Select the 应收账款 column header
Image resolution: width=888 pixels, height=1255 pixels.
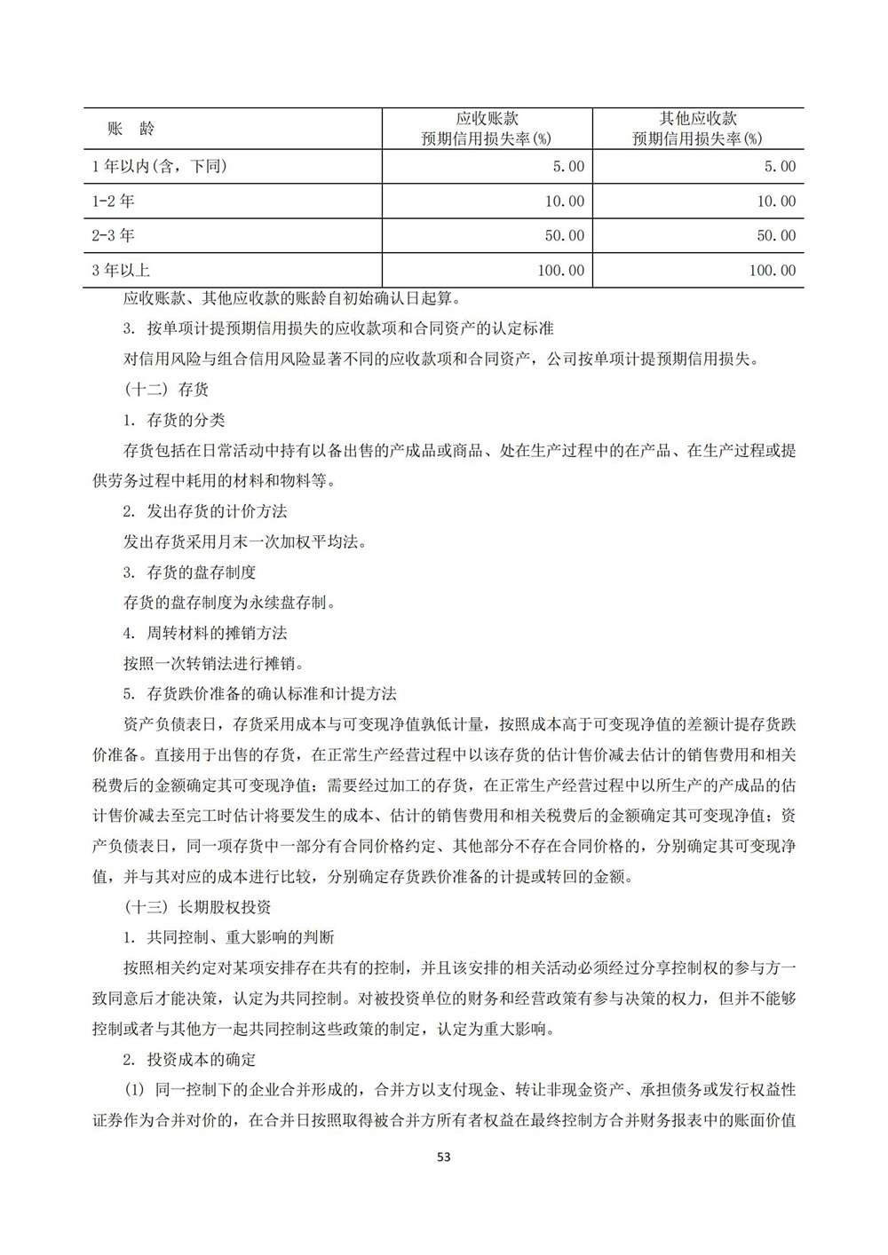(487, 129)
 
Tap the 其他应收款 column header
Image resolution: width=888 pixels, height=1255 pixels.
(698, 129)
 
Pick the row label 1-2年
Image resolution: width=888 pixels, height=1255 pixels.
(114, 201)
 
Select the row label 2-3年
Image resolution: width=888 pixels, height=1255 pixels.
(114, 236)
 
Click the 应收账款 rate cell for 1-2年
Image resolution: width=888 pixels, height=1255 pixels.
(564, 201)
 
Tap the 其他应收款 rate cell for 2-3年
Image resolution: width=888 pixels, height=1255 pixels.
(775, 236)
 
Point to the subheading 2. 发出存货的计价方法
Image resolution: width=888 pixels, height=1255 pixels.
(205, 511)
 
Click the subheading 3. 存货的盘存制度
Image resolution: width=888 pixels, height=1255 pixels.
(190, 572)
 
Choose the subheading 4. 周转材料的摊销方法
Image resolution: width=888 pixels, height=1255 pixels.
(205, 633)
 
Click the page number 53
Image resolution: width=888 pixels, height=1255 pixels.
(445, 1157)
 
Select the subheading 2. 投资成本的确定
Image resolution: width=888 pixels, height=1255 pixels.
(190, 1059)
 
